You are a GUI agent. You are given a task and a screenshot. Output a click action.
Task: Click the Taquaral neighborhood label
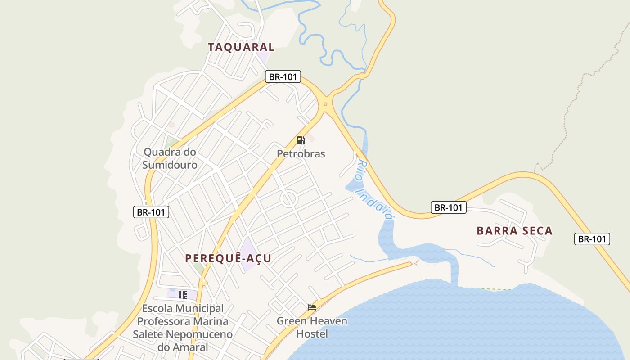(x=241, y=47)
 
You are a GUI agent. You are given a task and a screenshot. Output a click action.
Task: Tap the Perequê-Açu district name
(x=229, y=258)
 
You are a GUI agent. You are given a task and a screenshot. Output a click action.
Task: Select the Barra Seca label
(x=514, y=231)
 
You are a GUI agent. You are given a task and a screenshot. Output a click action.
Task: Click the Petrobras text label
(x=301, y=154)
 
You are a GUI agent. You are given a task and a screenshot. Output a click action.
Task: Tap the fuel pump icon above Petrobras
(x=301, y=140)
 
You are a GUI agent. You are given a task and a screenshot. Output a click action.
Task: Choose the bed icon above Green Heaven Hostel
(x=311, y=307)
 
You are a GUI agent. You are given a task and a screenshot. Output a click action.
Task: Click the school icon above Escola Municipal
(x=183, y=295)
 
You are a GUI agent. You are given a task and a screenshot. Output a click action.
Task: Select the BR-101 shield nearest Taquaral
(x=283, y=77)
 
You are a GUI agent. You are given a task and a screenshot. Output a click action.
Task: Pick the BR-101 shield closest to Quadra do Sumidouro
(x=151, y=212)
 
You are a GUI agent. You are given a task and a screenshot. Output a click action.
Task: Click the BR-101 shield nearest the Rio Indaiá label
(x=448, y=207)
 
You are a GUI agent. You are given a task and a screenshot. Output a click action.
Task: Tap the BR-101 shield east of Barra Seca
(x=592, y=239)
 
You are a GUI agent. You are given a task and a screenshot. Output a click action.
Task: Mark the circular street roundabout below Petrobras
(x=288, y=198)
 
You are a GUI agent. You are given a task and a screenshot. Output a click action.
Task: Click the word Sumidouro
(x=170, y=165)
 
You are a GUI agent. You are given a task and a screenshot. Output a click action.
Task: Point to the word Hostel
(x=312, y=334)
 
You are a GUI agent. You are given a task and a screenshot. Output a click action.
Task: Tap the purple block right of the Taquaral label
(x=264, y=57)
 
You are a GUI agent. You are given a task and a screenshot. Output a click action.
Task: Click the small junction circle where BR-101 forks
(x=325, y=104)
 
